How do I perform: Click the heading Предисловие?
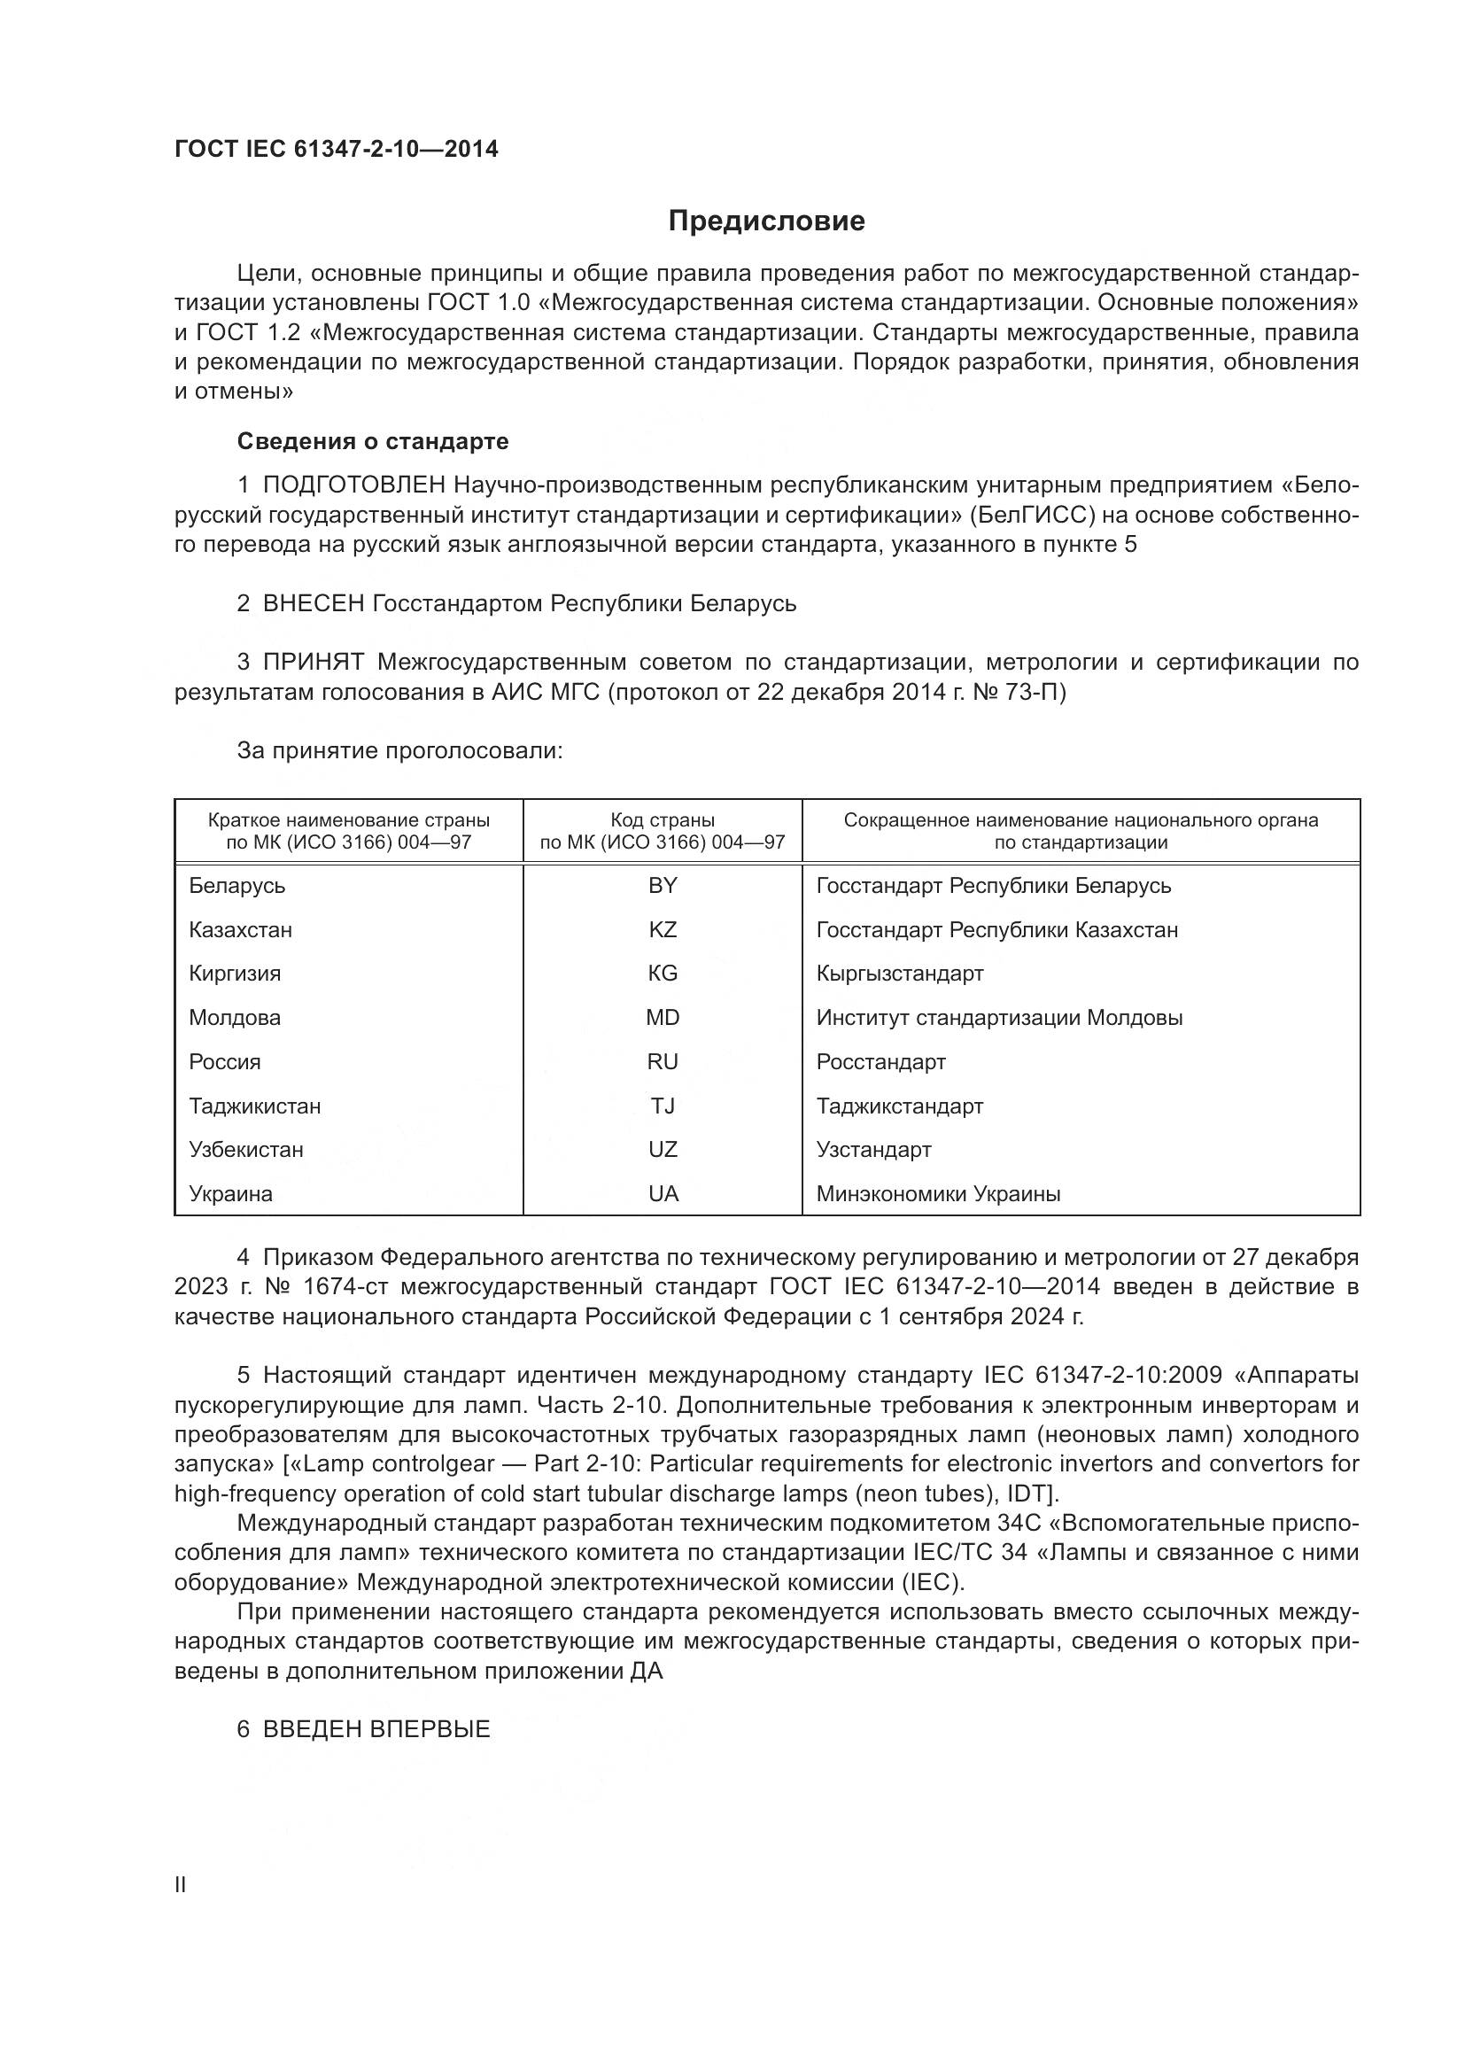[766, 221]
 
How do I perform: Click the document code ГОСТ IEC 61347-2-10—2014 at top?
[336, 149]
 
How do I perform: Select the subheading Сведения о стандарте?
[373, 441]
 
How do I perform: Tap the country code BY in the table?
[663, 885]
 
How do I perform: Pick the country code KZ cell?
[663, 929]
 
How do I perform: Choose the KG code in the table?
[663, 973]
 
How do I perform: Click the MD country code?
[663, 1017]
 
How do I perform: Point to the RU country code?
[663, 1061]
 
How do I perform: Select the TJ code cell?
[663, 1106]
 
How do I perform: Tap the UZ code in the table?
[663, 1149]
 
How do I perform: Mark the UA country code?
[663, 1193]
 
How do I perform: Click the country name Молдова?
[235, 1017]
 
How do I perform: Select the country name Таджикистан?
[254, 1106]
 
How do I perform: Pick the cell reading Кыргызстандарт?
[899, 973]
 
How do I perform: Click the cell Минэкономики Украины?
[938, 1193]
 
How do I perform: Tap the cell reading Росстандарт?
[880, 1061]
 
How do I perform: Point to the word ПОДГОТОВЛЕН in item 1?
[353, 485]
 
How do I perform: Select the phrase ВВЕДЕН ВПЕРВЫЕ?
[376, 1729]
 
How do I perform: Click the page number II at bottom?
[181, 1884]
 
